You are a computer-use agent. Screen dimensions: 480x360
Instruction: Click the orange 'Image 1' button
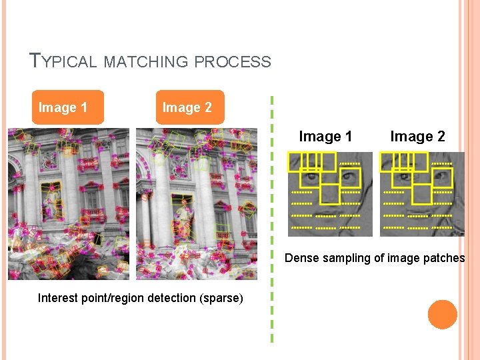[63, 107]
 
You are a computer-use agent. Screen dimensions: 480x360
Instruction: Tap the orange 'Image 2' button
[187, 107]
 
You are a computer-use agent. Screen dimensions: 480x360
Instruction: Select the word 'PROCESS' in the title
[233, 62]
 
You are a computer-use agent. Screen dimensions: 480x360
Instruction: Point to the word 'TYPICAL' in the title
[64, 61]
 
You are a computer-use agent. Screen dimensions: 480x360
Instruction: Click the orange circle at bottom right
[442, 315]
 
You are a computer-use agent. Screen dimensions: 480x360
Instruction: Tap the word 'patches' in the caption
[443, 258]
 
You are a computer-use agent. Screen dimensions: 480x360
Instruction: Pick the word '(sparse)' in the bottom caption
[221, 298]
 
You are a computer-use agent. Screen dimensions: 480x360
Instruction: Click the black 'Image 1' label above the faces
[325, 137]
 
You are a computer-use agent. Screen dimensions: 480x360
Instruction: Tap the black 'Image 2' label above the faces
[417, 137]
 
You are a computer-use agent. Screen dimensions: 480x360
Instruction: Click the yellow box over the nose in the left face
[329, 193]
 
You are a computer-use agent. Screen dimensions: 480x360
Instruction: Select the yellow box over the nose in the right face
[421, 193]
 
